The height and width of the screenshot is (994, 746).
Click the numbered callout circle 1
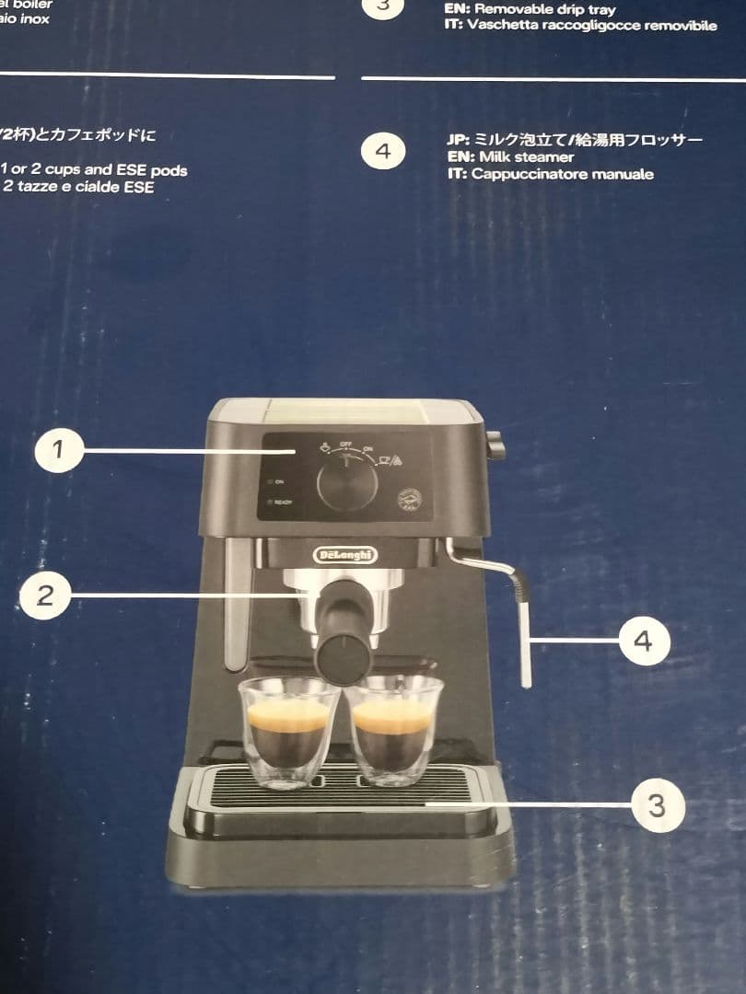[x=59, y=450]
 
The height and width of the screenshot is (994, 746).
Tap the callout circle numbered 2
[x=44, y=595]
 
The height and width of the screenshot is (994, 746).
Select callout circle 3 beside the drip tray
[x=656, y=806]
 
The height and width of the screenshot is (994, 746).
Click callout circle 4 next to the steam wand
[x=643, y=641]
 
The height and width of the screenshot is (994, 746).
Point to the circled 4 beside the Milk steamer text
[x=383, y=151]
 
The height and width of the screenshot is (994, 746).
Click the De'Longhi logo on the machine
[x=345, y=554]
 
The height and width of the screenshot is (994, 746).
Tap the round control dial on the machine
[x=347, y=485]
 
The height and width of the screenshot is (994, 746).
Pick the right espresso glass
[x=393, y=729]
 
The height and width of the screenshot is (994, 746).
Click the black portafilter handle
[x=344, y=635]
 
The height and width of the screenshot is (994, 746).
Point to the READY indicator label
[x=283, y=503]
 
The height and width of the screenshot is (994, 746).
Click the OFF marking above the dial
[x=346, y=445]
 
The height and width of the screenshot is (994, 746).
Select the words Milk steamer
[x=524, y=157]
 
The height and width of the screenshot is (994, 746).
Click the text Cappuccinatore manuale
[x=562, y=174]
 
